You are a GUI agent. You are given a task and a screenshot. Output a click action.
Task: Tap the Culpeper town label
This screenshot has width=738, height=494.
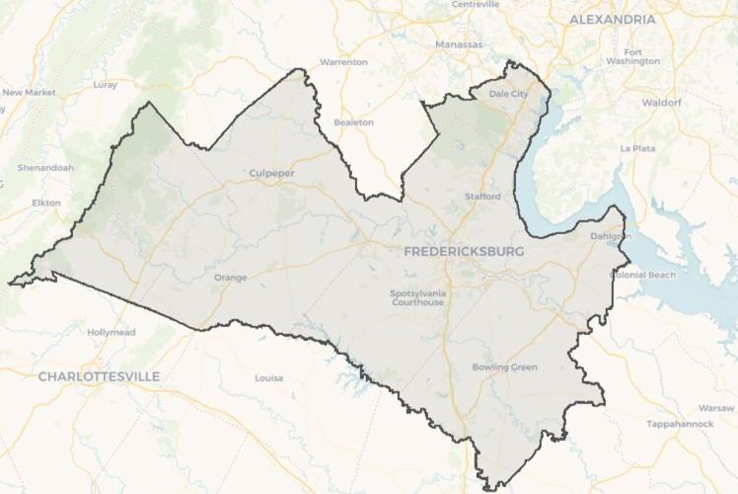coord(271,174)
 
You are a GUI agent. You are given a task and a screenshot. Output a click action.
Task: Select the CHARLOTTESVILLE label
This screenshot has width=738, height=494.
coord(99,376)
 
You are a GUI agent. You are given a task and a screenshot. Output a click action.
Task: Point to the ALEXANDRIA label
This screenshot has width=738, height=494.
coord(613,20)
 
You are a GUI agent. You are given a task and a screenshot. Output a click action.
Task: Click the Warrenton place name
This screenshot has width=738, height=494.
coord(343,62)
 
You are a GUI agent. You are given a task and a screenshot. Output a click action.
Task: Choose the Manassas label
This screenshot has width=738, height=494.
coord(459,44)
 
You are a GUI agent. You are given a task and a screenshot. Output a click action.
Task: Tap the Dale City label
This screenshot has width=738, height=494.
coord(509,94)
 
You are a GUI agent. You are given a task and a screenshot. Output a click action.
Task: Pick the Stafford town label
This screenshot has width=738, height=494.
coord(482,197)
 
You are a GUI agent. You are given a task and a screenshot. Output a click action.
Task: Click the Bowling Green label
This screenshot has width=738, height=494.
coord(504,368)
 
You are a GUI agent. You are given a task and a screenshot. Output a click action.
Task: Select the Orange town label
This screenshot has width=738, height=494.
coord(230,278)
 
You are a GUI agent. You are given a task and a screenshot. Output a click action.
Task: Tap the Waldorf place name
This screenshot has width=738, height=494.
coord(662,102)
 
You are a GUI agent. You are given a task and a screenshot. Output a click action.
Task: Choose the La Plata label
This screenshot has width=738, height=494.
coord(637,148)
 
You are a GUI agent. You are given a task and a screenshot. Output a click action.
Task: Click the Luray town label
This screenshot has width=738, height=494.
coord(105,85)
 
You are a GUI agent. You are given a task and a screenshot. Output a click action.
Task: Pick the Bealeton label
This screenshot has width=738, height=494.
coord(354,123)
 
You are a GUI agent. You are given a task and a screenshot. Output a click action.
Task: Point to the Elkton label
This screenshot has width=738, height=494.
coord(46,203)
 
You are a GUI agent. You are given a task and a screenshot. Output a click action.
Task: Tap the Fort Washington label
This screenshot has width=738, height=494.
coord(633,56)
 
